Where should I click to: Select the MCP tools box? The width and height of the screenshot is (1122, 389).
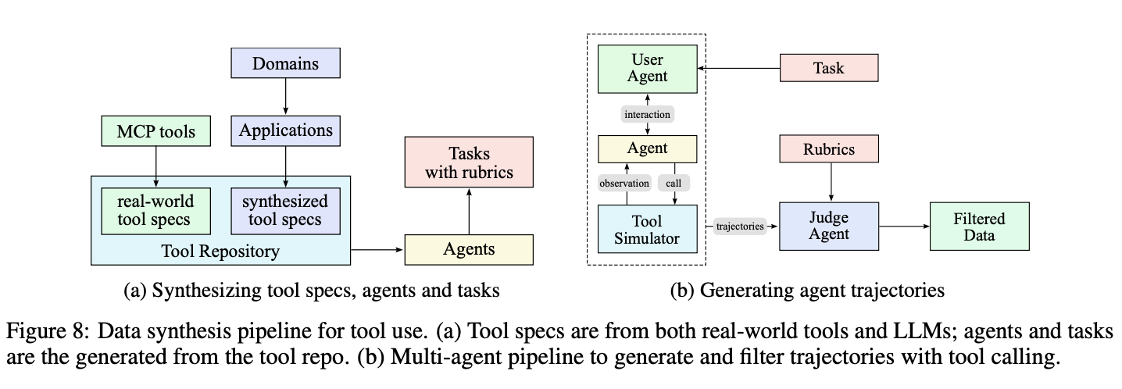(x=156, y=130)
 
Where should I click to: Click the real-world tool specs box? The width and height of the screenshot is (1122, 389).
(x=156, y=210)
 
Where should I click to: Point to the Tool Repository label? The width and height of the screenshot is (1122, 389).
(x=220, y=251)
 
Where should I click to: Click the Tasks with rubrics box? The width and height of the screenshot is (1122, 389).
(x=469, y=162)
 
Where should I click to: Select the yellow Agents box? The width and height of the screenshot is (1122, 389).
(x=469, y=249)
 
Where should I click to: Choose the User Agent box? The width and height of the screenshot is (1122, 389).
(x=647, y=68)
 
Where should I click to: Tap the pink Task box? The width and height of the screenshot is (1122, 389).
(x=828, y=68)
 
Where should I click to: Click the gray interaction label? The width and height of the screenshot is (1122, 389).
(x=647, y=114)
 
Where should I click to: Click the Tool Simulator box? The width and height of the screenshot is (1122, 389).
(x=647, y=228)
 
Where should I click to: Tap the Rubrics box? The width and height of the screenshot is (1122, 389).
(x=828, y=148)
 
